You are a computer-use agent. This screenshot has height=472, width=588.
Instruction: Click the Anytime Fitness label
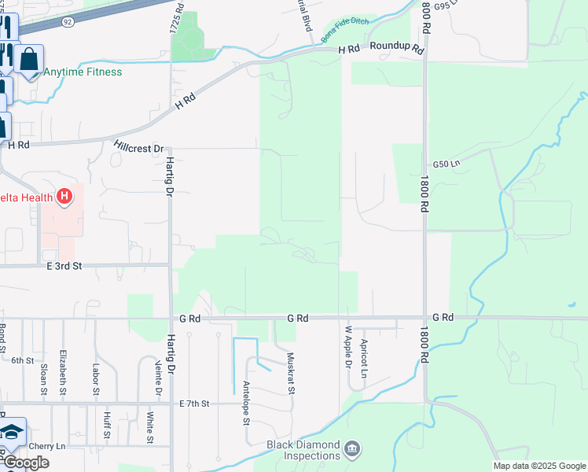(x=83, y=72)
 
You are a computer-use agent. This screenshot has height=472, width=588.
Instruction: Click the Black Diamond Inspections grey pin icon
(x=353, y=449)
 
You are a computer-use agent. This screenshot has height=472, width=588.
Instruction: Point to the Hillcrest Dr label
(x=138, y=148)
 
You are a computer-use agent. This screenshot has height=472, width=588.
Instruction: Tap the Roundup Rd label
(x=397, y=49)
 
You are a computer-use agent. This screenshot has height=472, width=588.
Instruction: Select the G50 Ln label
(x=446, y=164)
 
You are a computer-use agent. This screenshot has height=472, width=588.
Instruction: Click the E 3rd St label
(x=64, y=266)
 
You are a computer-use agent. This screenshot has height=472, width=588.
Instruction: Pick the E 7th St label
(x=194, y=404)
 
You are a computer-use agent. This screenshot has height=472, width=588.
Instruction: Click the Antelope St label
(x=246, y=404)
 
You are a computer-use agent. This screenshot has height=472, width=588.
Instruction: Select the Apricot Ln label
(x=364, y=358)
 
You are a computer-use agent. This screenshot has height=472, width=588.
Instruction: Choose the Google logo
(x=25, y=463)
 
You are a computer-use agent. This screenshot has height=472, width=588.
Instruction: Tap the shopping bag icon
(x=29, y=59)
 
